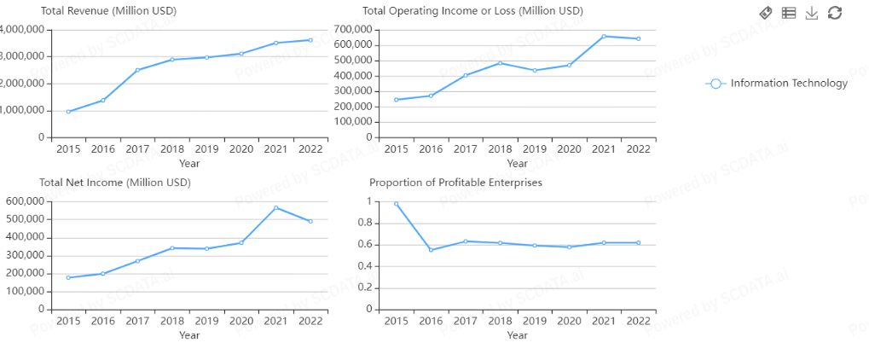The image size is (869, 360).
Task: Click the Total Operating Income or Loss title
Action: (472, 11)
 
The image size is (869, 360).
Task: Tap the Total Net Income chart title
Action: (114, 183)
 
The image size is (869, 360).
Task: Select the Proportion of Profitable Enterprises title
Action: (455, 183)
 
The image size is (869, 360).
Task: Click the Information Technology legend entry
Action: (777, 84)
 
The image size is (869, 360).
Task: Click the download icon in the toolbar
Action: (812, 13)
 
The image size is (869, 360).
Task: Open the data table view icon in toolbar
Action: (789, 13)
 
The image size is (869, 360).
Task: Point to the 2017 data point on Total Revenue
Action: (137, 70)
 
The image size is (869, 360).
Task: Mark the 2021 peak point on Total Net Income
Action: (275, 207)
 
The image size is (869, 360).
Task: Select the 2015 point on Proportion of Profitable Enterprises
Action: (396, 204)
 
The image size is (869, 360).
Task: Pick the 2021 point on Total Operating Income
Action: (603, 37)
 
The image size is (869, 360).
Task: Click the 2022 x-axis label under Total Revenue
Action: (310, 149)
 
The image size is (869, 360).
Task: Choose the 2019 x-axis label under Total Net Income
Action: (206, 322)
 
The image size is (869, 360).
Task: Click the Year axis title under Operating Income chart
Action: (517, 163)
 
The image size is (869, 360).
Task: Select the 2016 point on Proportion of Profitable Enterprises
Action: (431, 250)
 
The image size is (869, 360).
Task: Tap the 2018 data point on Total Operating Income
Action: (500, 63)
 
